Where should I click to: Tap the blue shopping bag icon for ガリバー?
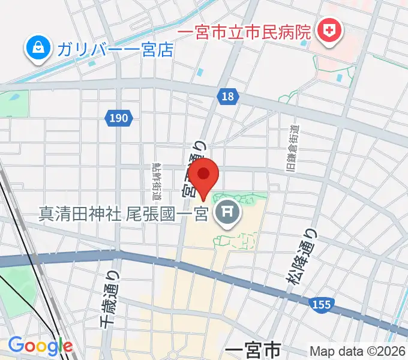point(37,47)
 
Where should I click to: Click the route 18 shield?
point(229,97)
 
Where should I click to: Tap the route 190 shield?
point(119,118)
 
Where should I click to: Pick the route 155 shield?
point(322,305)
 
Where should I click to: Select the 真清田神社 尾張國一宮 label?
point(123,213)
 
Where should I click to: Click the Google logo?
point(40,346)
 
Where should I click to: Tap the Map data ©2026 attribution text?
point(356,352)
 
